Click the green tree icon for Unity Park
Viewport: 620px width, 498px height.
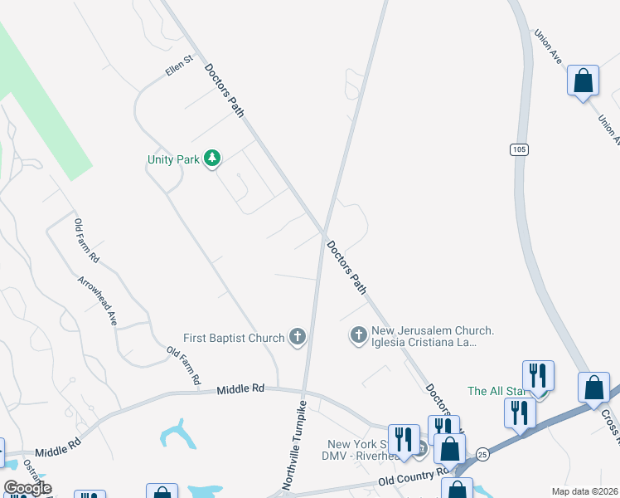(x=212, y=158)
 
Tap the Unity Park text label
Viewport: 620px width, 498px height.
(x=173, y=159)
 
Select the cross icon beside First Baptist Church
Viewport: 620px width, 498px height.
(x=298, y=337)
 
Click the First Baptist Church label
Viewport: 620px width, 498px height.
(x=233, y=339)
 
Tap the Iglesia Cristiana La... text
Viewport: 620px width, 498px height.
(x=424, y=342)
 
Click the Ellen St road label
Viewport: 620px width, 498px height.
(x=178, y=66)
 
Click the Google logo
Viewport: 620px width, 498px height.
(x=27, y=488)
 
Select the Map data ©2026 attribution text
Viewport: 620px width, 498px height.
(x=584, y=491)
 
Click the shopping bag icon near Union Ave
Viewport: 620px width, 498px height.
(x=584, y=82)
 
